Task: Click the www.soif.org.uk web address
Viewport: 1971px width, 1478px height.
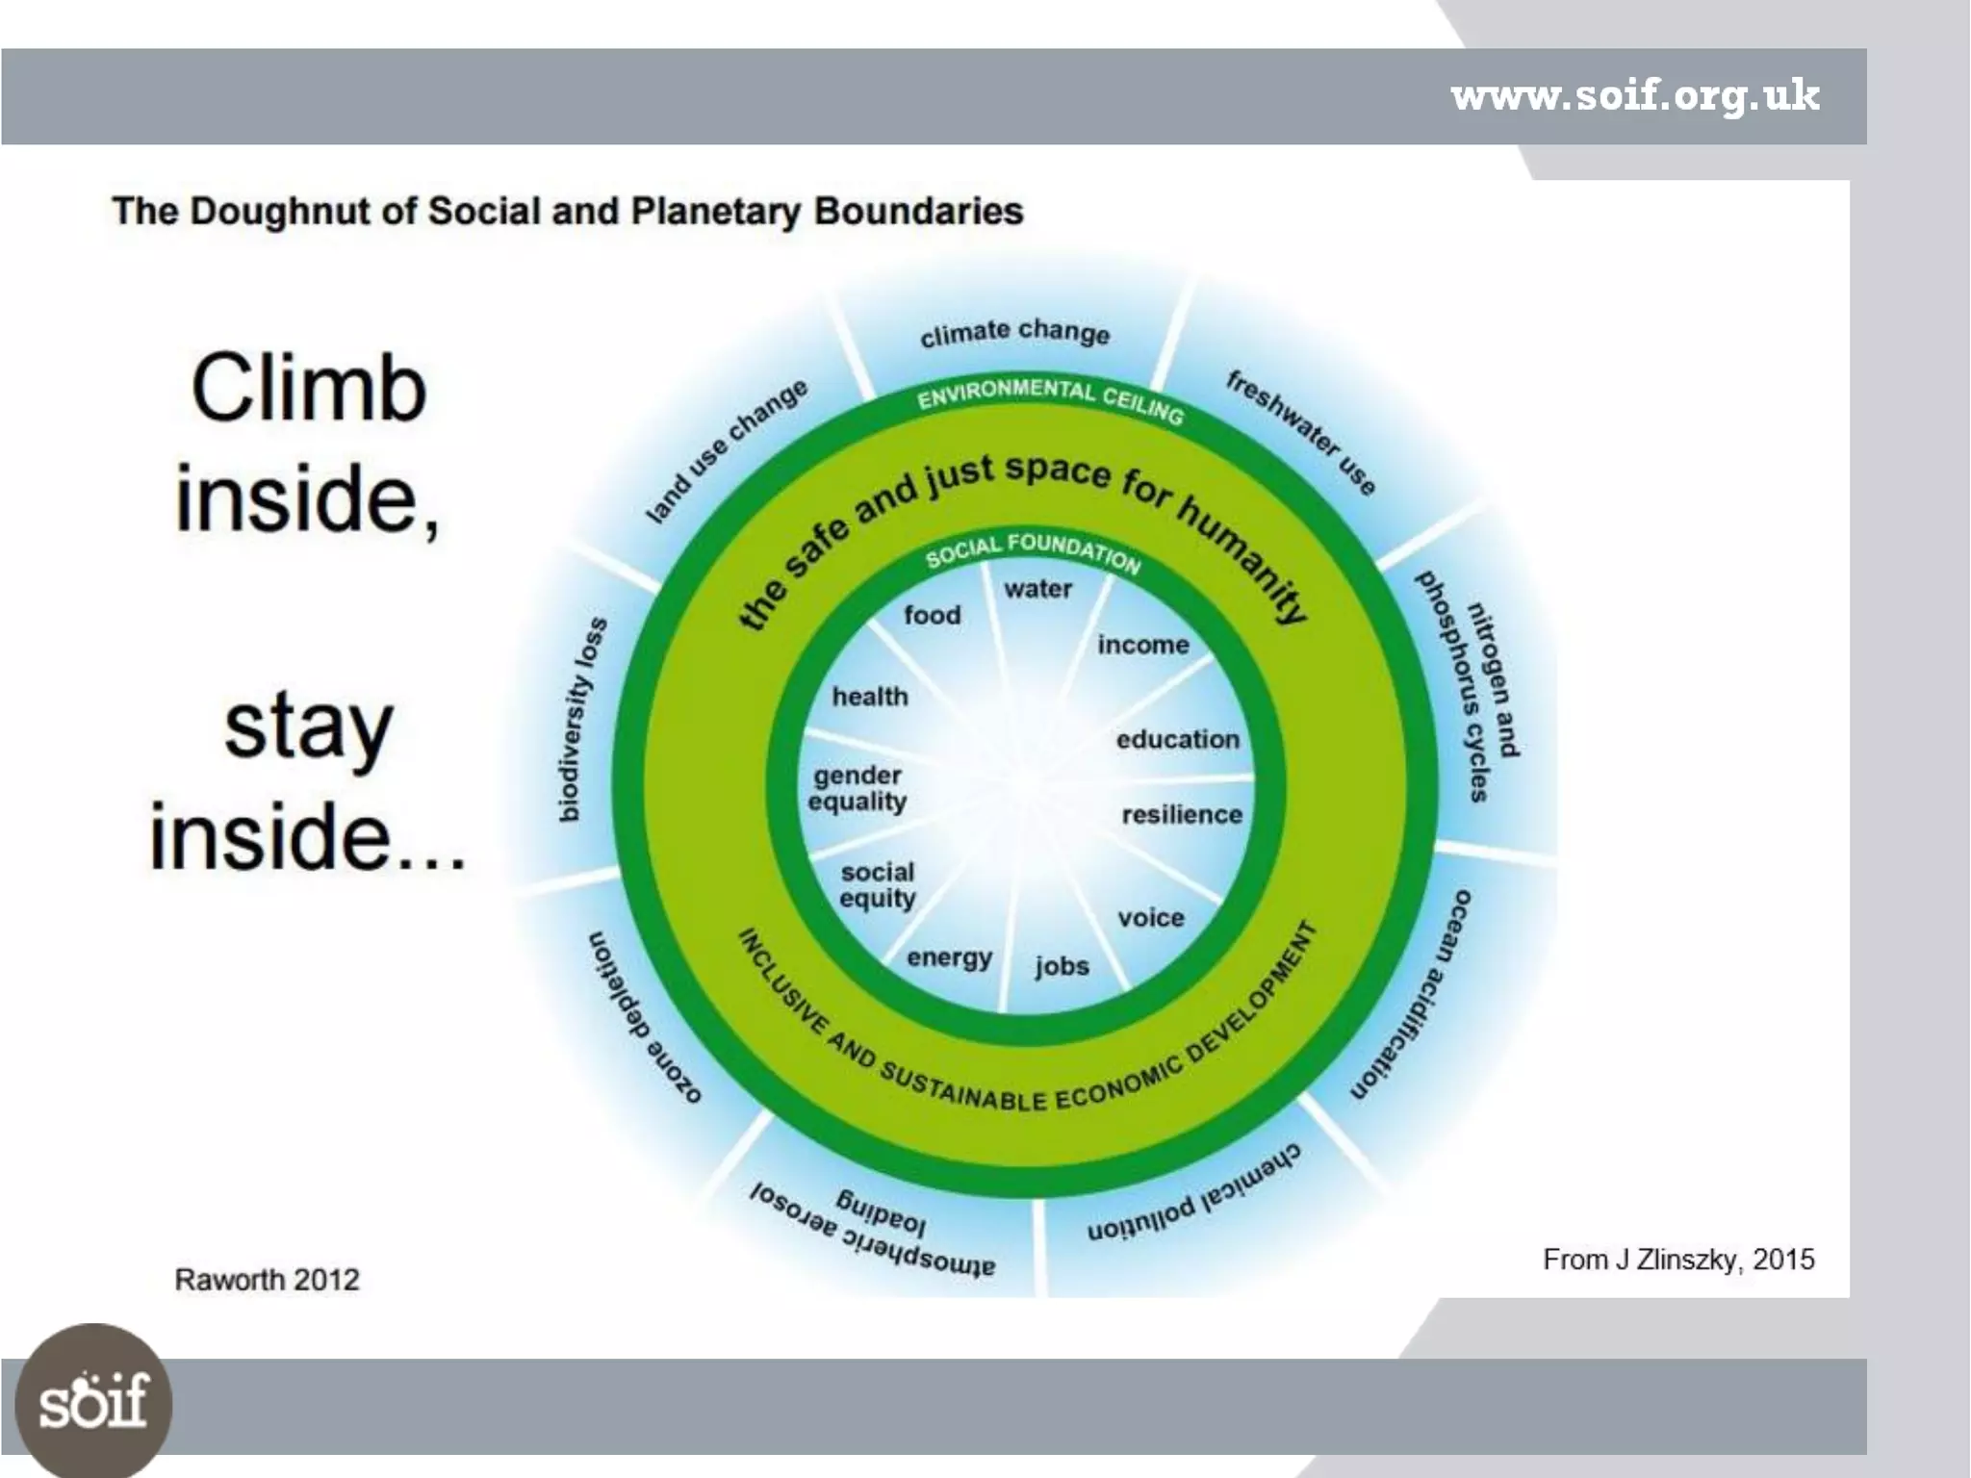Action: (x=1634, y=96)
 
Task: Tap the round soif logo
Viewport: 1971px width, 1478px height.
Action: (x=93, y=1401)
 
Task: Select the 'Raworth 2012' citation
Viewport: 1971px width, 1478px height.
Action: (x=267, y=1280)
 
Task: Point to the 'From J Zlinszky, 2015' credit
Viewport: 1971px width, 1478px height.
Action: (x=1677, y=1260)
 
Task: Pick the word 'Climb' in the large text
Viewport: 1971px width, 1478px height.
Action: (x=308, y=389)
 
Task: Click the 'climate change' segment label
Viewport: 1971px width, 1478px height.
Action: (x=1014, y=333)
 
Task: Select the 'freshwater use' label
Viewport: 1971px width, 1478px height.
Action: (x=1300, y=433)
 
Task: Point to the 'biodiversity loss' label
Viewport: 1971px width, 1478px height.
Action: (x=582, y=720)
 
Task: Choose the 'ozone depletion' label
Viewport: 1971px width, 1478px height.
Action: (x=643, y=1017)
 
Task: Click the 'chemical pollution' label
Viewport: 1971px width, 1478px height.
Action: (x=1193, y=1193)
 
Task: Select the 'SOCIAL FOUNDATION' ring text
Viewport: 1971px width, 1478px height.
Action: (x=1033, y=550)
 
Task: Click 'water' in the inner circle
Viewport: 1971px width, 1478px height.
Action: (x=1037, y=589)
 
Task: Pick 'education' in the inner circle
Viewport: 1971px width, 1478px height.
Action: (x=1177, y=740)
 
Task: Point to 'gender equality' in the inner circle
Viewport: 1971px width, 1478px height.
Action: (x=858, y=789)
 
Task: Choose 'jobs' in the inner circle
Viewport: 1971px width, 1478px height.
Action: (x=1062, y=966)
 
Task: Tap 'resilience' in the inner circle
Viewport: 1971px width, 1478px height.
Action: (x=1182, y=815)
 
